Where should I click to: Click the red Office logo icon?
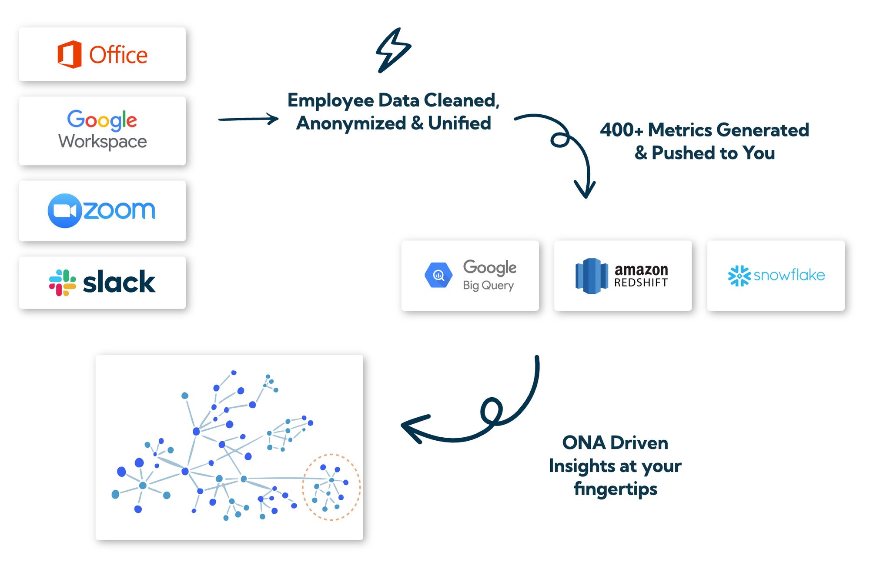(70, 54)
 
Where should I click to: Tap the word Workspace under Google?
(103, 142)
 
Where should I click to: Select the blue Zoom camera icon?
(64, 211)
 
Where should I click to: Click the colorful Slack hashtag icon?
(62, 283)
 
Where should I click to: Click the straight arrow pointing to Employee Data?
(248, 119)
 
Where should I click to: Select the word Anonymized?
(350, 123)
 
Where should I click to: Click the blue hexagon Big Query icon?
(438, 275)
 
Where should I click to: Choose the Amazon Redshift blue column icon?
(591, 276)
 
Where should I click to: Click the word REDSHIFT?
(641, 283)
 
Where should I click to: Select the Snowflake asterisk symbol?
(739, 276)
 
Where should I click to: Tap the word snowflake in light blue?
(789, 275)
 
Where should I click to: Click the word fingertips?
(615, 489)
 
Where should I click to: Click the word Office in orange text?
(118, 55)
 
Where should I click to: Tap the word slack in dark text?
(119, 283)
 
